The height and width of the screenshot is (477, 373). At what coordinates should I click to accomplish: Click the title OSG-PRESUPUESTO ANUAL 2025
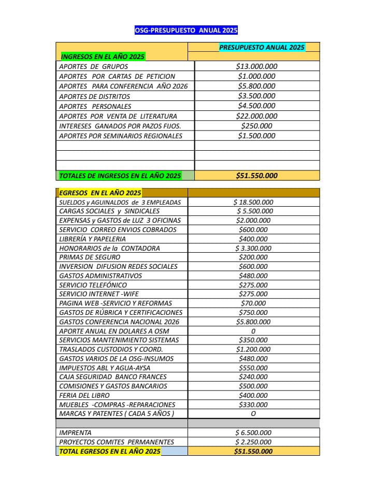186,30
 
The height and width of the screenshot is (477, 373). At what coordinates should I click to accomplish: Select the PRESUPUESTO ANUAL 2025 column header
262,47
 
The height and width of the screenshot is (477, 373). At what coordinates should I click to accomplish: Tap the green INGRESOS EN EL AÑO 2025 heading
103,56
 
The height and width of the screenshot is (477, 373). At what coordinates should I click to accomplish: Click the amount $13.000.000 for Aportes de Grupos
256,66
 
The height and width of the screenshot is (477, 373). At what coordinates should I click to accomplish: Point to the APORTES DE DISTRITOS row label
95,96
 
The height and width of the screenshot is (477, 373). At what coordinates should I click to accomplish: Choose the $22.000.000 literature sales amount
256,116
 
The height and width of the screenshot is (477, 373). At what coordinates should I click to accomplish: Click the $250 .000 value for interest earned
256,126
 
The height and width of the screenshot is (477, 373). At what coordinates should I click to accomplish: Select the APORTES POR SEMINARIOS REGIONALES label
121,136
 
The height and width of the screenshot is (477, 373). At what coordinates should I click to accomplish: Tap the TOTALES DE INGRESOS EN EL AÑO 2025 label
120,176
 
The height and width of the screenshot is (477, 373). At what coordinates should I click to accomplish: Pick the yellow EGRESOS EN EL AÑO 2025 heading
101,193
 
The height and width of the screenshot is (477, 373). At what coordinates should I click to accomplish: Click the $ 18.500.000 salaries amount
253,202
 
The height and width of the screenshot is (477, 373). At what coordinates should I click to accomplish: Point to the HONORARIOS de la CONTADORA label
110,248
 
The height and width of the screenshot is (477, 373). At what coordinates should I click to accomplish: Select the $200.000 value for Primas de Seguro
253,257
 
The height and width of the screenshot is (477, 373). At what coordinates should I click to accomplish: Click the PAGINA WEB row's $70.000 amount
253,303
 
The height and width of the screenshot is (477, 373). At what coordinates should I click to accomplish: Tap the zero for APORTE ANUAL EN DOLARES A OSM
253,330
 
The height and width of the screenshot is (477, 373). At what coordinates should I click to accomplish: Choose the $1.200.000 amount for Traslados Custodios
253,349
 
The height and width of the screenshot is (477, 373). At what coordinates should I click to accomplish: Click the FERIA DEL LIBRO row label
84,395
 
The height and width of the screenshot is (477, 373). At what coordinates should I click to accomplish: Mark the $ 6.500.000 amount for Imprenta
253,432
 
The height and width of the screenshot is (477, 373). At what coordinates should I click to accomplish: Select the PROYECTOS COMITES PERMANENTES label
117,442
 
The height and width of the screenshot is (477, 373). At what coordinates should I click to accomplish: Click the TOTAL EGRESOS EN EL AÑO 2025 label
110,451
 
